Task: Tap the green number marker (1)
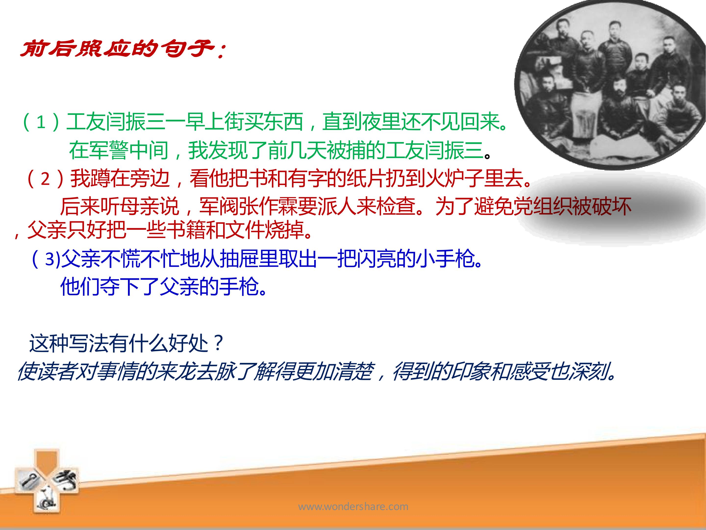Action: point(40,122)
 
